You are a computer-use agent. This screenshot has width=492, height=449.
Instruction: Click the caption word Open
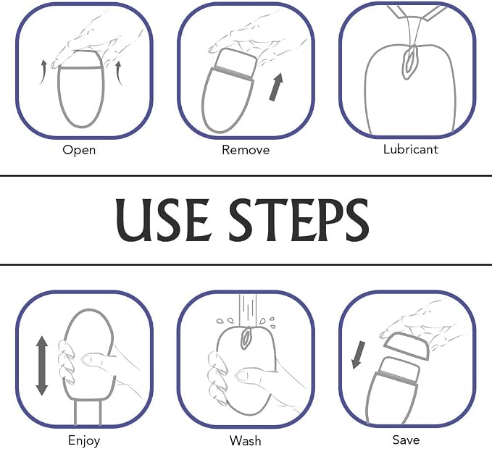(x=79, y=150)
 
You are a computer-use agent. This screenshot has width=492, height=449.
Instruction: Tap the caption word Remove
(x=246, y=150)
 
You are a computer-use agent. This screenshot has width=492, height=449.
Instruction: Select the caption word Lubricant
(x=410, y=149)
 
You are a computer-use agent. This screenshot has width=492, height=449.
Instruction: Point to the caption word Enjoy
(x=84, y=441)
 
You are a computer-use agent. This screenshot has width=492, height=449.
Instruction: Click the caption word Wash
(x=246, y=440)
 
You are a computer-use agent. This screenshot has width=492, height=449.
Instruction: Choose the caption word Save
(x=406, y=440)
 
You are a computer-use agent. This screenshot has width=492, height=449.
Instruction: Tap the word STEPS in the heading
(x=299, y=219)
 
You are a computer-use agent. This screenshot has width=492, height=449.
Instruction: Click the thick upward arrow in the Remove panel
(x=276, y=87)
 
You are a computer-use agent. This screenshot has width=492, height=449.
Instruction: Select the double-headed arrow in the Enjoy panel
(x=42, y=366)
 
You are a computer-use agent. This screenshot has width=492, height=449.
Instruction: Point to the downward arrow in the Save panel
(x=359, y=355)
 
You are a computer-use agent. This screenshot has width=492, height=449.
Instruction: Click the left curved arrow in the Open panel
(x=43, y=72)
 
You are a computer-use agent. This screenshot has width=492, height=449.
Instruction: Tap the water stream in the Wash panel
(x=248, y=311)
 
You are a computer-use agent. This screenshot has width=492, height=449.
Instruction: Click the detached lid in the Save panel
(x=406, y=345)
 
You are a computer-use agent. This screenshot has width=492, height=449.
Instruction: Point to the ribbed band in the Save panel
(x=398, y=377)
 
